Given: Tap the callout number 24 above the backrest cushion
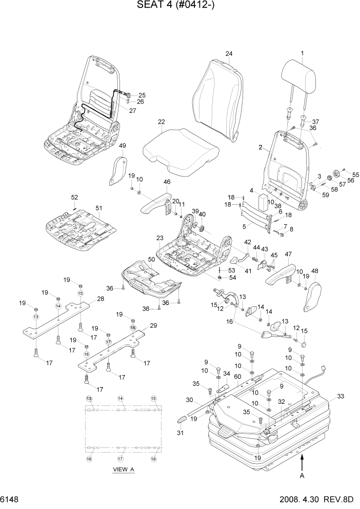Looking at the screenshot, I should coord(229,54).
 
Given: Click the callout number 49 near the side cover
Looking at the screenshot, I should coord(122,146).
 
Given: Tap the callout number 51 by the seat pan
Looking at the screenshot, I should coord(99,208).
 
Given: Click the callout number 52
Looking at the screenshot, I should coord(74,197).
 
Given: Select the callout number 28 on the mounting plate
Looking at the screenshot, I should coord(100,299).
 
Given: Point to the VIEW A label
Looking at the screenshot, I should coord(123,469).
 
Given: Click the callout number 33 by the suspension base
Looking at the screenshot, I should coord(342,396).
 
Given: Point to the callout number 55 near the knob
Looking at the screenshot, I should coord(356,175).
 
